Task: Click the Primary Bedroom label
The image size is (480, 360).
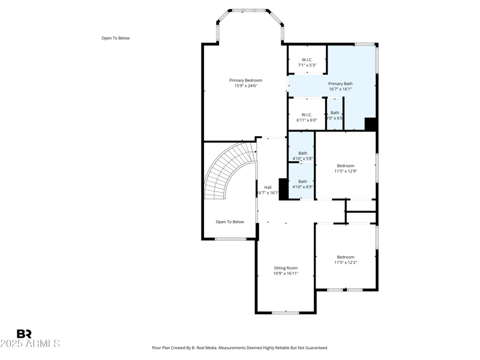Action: (x=245, y=80)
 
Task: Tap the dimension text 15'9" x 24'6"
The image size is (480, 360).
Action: (x=245, y=86)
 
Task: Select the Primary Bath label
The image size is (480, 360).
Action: (x=340, y=83)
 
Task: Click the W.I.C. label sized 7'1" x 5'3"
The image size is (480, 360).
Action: (x=307, y=59)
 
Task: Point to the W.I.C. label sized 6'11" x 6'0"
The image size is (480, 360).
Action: (x=307, y=115)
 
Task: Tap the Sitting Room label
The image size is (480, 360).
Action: (x=286, y=268)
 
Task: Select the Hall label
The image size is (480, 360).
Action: (x=268, y=187)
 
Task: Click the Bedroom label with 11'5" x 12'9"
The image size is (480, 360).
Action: (x=346, y=166)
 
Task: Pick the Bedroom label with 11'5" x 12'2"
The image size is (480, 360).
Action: (x=346, y=257)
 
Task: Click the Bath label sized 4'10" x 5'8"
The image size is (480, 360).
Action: (x=302, y=153)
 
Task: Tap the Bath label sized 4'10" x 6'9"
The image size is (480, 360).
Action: (x=302, y=181)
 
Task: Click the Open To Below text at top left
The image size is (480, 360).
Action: (x=115, y=38)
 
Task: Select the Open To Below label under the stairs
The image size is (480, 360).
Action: (x=230, y=221)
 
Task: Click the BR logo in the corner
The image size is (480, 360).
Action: (x=24, y=334)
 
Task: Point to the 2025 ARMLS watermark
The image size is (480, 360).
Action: (x=30, y=344)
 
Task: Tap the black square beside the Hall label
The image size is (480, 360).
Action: (x=284, y=188)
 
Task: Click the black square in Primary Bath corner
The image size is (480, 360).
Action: (x=370, y=124)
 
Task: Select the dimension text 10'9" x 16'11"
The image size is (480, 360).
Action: (x=286, y=274)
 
